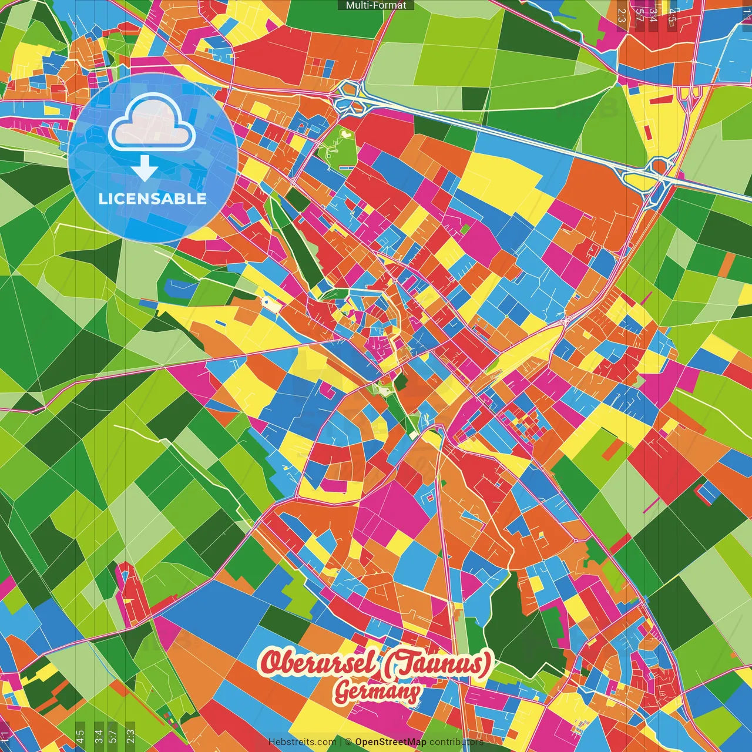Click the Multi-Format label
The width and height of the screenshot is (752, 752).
coord(376,5)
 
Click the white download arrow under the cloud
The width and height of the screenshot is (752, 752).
coord(145,169)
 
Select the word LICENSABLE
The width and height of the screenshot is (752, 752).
coord(153,199)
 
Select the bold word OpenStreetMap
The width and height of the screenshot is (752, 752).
coord(391,742)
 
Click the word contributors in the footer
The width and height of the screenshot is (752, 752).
coord(456,742)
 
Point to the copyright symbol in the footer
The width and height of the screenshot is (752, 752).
coord(348,742)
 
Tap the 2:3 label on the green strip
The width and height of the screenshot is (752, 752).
coord(130,736)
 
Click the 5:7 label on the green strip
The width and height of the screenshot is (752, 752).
coord(113,736)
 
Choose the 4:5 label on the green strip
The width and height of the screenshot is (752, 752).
coord(80,736)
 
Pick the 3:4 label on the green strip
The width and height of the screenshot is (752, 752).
coord(98,736)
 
